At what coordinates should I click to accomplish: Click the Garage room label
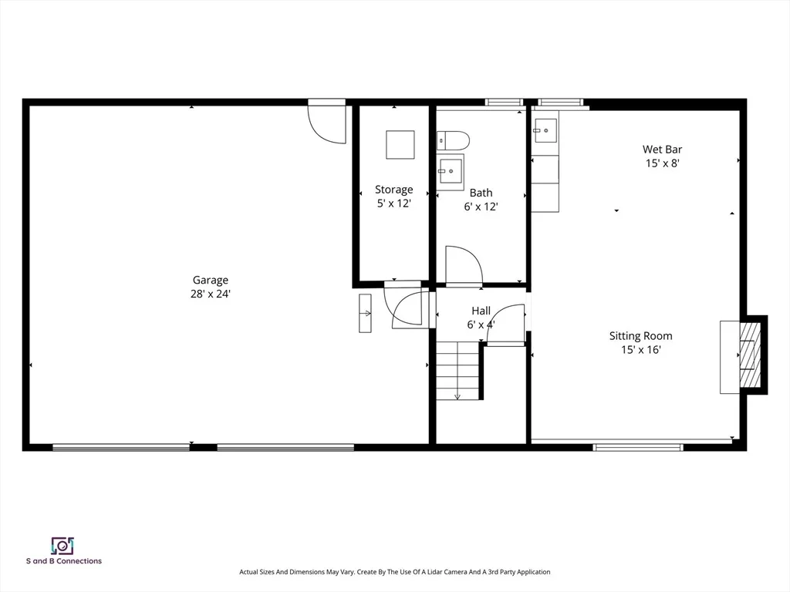point(210,280)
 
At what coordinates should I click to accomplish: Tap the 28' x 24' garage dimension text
point(210,294)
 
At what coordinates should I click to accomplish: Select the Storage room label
point(394,190)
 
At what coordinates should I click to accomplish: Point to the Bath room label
point(481,192)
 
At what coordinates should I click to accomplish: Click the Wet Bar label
point(663,149)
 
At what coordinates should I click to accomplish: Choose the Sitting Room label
point(641,336)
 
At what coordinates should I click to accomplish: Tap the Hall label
point(481,311)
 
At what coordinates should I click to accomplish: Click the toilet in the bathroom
point(453,140)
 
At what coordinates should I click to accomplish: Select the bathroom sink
point(450,171)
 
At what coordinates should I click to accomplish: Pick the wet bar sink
point(545,131)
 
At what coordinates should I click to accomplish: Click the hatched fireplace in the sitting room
point(750,355)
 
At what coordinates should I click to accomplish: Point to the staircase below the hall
point(457,370)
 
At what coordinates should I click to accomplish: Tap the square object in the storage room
point(400,145)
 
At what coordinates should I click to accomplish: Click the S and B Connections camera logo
point(62,546)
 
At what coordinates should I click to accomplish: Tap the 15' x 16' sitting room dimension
point(641,349)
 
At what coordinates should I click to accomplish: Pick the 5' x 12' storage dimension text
point(394,203)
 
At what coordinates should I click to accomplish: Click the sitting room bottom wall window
point(638,447)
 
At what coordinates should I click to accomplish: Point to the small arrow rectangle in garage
point(365,313)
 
